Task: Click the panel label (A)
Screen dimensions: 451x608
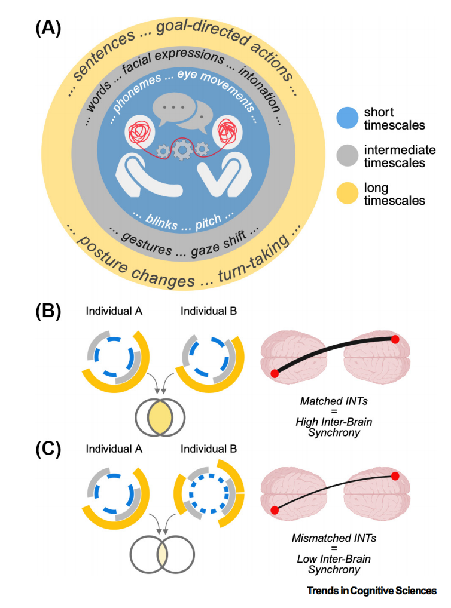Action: click(x=48, y=29)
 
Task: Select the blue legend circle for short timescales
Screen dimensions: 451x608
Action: click(x=348, y=118)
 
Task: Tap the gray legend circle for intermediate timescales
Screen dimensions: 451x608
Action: click(x=348, y=155)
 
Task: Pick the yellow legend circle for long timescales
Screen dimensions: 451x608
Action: click(x=348, y=193)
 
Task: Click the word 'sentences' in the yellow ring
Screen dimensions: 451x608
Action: click(x=103, y=55)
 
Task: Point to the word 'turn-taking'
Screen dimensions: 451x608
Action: click(x=254, y=258)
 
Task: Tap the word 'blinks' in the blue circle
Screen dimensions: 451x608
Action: click(x=161, y=222)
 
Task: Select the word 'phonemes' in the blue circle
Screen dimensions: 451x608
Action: click(x=137, y=93)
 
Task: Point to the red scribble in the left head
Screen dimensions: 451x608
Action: click(x=139, y=131)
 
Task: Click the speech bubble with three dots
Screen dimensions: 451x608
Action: click(x=173, y=109)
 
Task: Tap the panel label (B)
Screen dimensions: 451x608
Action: click(x=48, y=311)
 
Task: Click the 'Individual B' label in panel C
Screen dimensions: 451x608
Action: click(x=209, y=449)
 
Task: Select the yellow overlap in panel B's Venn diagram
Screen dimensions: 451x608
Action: click(x=160, y=418)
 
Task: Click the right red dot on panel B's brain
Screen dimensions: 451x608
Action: click(x=395, y=340)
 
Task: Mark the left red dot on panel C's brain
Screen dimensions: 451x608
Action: click(x=275, y=510)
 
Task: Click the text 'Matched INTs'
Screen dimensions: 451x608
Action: click(x=334, y=401)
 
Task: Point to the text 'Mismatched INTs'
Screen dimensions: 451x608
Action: click(x=334, y=538)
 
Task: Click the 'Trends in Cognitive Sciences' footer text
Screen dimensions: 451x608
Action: click(x=372, y=591)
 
